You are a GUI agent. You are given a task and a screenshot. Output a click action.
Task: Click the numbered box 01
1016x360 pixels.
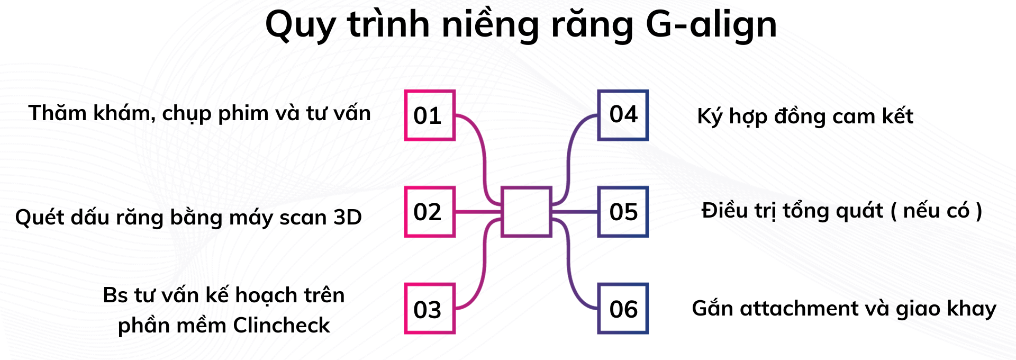click(430, 115)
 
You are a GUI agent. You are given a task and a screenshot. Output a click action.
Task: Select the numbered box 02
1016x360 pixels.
click(430, 212)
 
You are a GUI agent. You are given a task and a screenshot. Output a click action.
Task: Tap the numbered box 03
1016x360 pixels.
click(430, 309)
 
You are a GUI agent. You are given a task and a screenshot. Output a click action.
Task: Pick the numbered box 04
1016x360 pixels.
click(623, 115)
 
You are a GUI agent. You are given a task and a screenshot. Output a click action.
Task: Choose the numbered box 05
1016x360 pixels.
click(623, 212)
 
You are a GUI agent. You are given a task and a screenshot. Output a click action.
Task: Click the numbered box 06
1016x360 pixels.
click(623, 309)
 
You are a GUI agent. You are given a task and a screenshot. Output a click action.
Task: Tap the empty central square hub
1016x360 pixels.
click(527, 212)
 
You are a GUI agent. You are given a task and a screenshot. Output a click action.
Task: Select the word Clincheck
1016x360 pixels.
click(282, 325)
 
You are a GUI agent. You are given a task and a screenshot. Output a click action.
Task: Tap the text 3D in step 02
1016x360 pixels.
click(348, 217)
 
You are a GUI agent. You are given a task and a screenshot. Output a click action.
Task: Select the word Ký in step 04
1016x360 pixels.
click(710, 116)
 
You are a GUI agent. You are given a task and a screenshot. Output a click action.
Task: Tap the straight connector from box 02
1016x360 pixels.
click(478, 212)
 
